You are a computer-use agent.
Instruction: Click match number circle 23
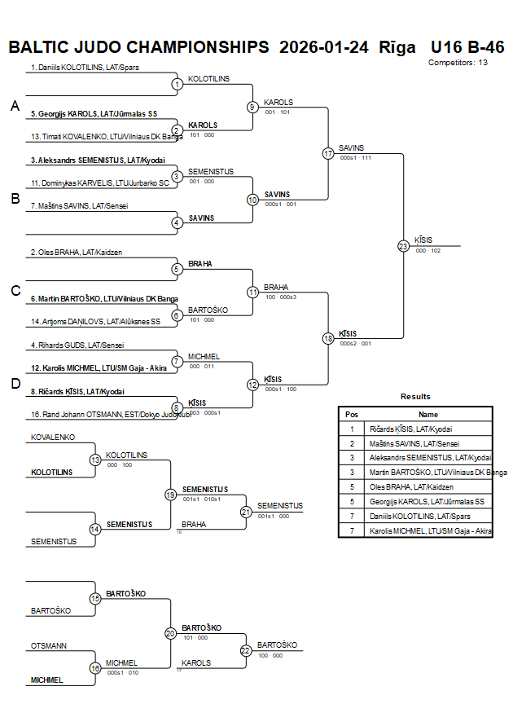click(403, 245)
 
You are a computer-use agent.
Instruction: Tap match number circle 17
click(328, 153)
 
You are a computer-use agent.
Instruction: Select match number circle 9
click(252, 107)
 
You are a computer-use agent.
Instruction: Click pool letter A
click(15, 106)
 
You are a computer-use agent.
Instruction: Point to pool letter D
click(15, 384)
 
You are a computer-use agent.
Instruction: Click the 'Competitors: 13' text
click(458, 62)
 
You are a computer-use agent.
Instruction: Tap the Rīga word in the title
click(397, 46)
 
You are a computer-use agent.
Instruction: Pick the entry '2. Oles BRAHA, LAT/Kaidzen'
click(77, 253)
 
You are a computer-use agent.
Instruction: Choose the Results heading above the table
click(415, 397)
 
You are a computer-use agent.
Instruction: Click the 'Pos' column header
click(352, 414)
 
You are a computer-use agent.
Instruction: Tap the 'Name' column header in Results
click(428, 414)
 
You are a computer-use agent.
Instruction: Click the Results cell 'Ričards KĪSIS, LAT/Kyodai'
click(411, 429)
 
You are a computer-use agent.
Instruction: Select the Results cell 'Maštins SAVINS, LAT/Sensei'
click(413, 443)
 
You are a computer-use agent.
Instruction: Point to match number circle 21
click(246, 512)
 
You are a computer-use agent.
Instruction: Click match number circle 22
click(246, 650)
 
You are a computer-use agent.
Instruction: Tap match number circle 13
click(95, 460)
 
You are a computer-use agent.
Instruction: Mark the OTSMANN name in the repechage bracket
click(49, 645)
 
